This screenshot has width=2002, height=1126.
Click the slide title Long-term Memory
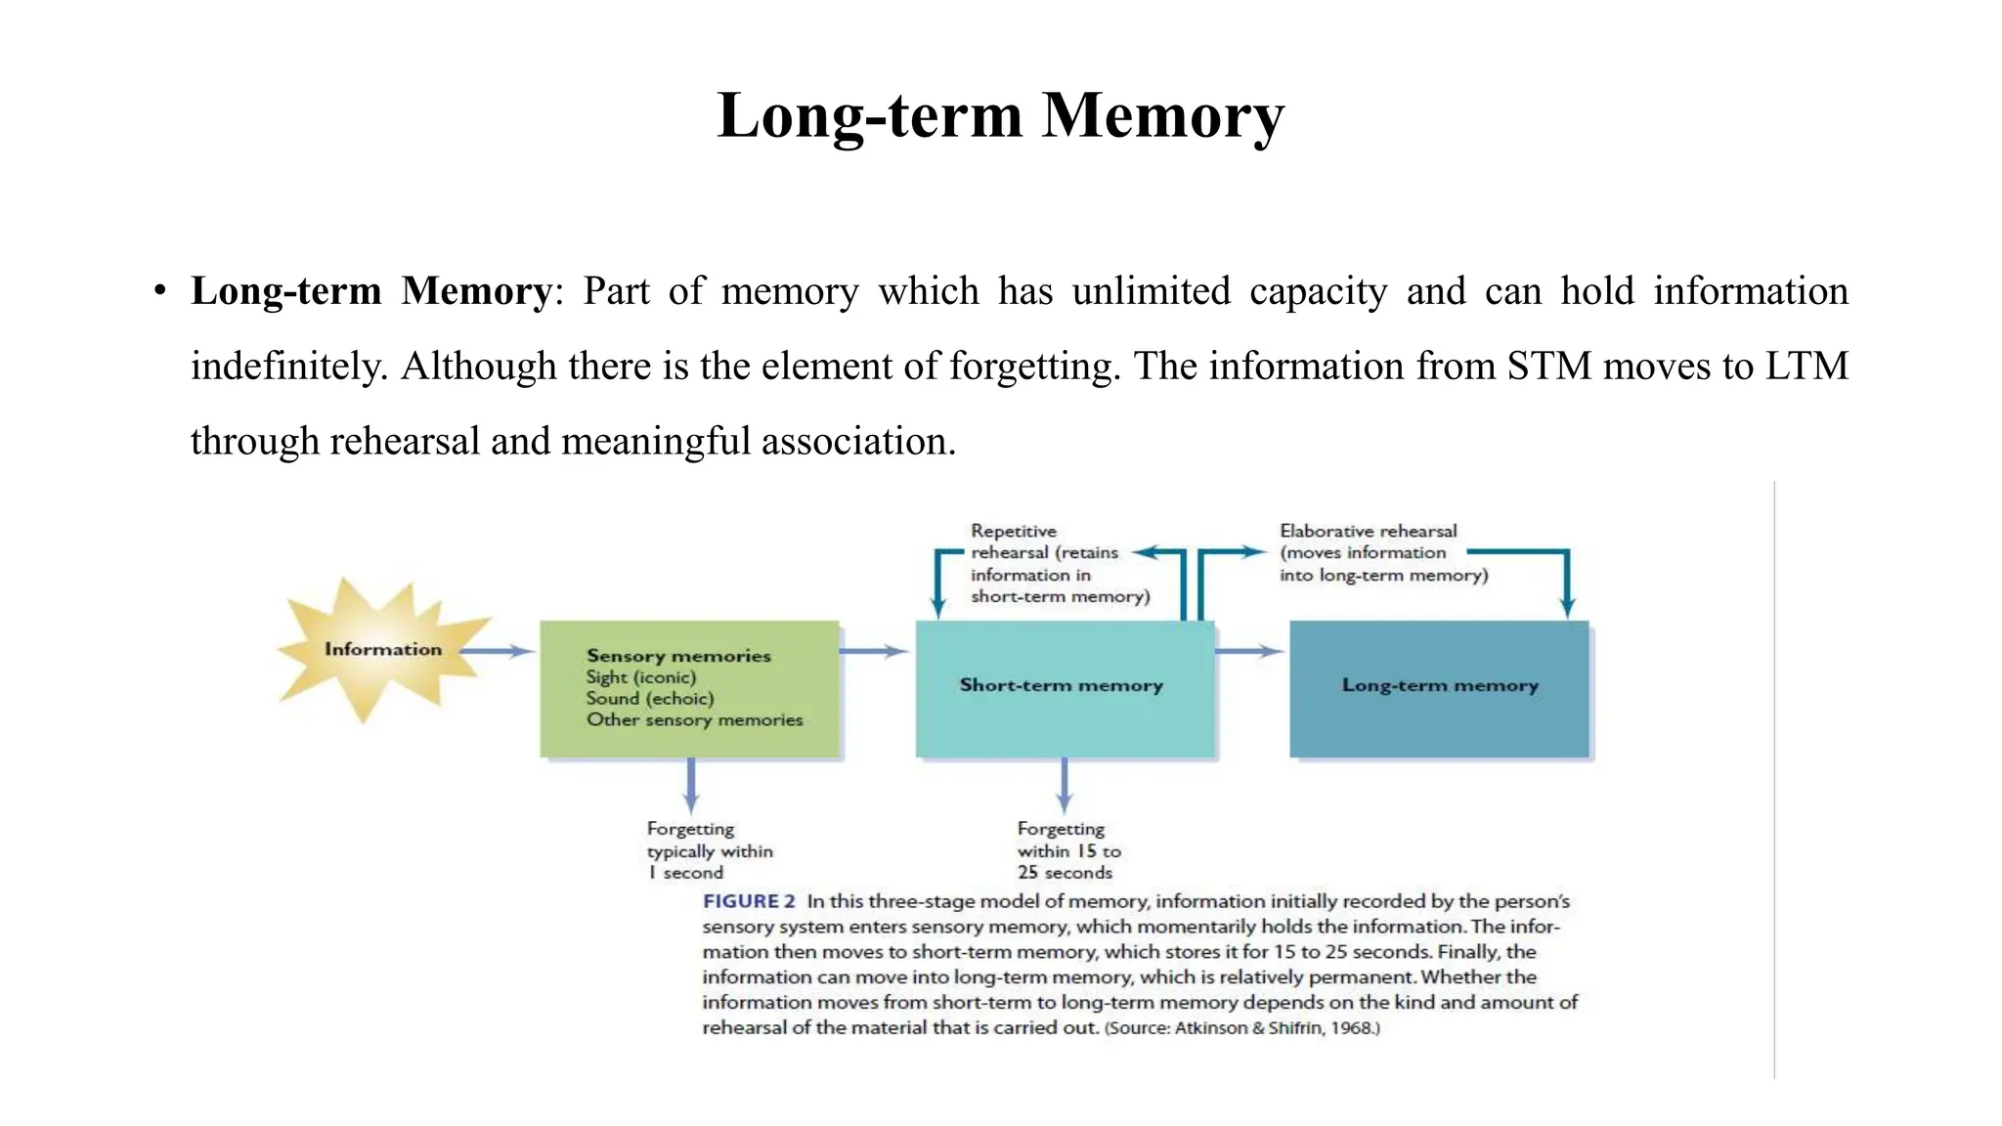coord(1000,115)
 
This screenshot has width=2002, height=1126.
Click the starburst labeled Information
coord(382,650)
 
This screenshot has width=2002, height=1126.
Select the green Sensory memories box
coord(690,689)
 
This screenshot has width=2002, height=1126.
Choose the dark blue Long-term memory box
coord(1439,687)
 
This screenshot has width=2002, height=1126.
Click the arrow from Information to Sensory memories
coord(497,651)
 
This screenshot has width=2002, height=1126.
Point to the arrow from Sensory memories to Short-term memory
coord(874,651)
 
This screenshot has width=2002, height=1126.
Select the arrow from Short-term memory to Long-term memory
coord(1248,651)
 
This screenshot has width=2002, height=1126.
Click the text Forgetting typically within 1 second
coord(709,851)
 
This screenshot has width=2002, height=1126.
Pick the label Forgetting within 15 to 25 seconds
coord(1067,851)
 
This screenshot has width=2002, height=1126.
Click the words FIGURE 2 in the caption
coord(749,902)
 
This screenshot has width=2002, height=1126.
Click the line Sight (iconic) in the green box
coord(641,677)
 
